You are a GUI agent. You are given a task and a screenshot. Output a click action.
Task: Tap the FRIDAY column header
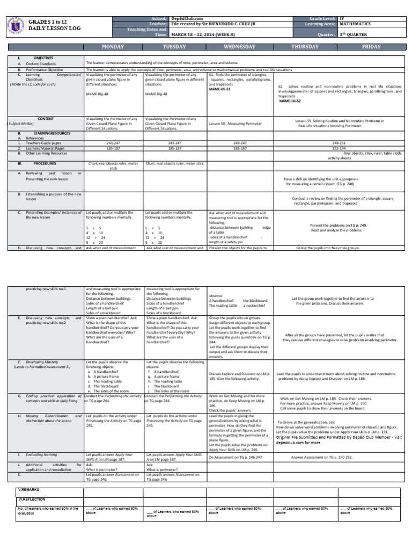pyautogui.click(x=371, y=47)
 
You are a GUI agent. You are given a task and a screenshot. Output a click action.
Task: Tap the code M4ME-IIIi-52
pyautogui.click(x=290, y=100)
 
